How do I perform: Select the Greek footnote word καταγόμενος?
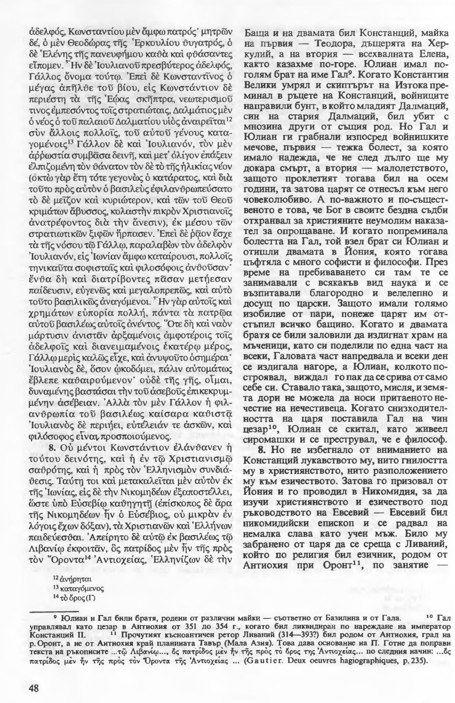[x=77, y=589]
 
